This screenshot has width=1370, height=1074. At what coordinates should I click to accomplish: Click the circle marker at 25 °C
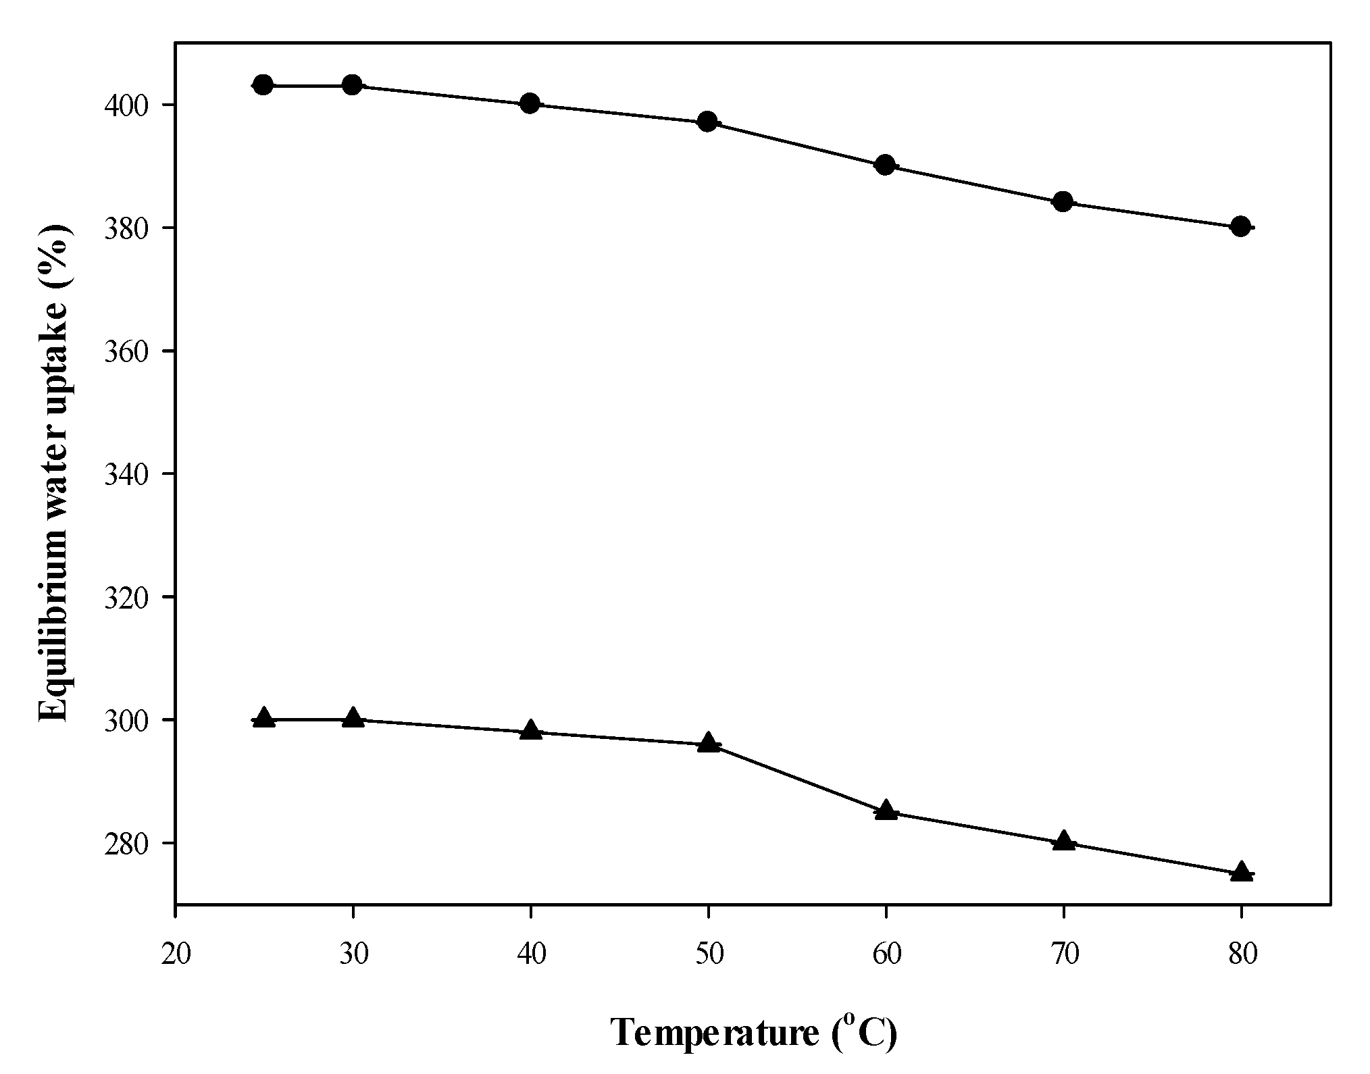click(x=263, y=85)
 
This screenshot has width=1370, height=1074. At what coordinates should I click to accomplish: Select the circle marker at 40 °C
click(x=530, y=103)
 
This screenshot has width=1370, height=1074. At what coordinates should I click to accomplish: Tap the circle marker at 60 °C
click(x=886, y=165)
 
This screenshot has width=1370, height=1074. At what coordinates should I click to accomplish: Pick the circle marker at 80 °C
click(x=1240, y=226)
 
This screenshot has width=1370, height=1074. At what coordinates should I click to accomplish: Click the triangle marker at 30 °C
click(x=353, y=718)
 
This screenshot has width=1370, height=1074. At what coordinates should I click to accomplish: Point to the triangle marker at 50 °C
click(x=708, y=742)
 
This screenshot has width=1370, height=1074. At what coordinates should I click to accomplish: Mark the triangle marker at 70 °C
click(x=1064, y=841)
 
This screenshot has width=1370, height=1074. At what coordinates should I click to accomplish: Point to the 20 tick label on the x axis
click(x=176, y=956)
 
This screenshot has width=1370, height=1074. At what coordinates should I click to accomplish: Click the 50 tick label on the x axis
click(x=709, y=956)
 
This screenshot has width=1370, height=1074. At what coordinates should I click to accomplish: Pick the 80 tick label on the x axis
click(x=1242, y=956)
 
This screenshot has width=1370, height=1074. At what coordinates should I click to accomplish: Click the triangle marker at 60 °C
click(x=886, y=811)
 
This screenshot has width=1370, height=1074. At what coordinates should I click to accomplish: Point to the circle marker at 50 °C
click(x=707, y=122)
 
